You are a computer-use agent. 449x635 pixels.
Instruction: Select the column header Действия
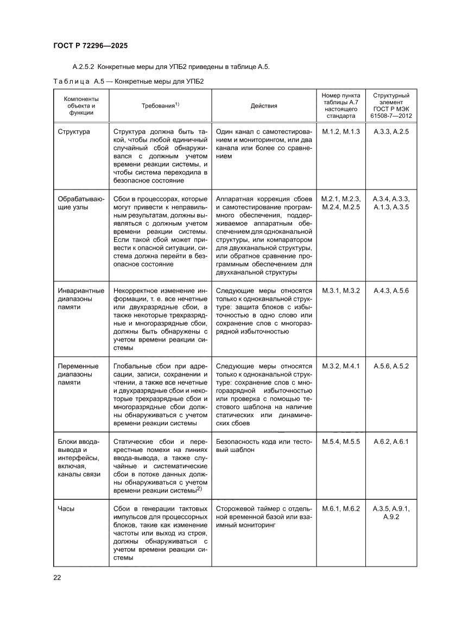coord(264,106)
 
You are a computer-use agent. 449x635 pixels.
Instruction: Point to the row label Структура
coord(74,132)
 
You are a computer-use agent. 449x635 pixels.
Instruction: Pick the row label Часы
coord(66,509)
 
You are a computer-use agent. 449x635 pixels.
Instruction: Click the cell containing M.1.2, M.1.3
coord(341,132)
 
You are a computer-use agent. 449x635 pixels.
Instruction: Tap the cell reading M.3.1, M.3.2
coord(341,291)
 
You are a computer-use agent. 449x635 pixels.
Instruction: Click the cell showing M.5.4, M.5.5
coord(341,441)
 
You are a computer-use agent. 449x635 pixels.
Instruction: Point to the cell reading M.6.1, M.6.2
coord(341,509)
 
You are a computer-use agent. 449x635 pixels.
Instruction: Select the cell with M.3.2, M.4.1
coord(341,366)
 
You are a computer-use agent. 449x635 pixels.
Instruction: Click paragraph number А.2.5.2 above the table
coord(84,67)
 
